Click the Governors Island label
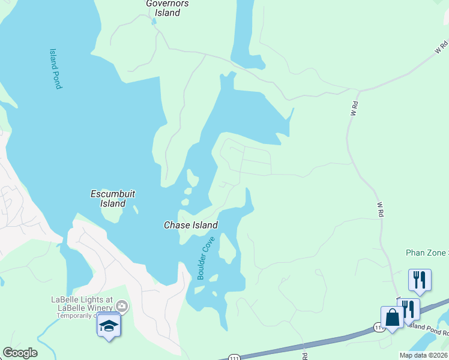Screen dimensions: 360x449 (x=167, y=8)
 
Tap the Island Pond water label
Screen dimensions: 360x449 (x=55, y=69)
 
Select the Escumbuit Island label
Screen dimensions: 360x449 (x=112, y=199)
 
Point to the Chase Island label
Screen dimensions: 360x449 (x=191, y=225)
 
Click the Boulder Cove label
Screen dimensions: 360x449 (x=206, y=259)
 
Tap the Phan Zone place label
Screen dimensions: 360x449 (x=426, y=253)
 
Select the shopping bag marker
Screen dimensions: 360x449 (x=392, y=317)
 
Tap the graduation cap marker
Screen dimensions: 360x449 (x=109, y=325)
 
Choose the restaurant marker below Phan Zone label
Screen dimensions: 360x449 (x=420, y=280)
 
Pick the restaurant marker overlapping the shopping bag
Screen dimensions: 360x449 (x=410, y=308)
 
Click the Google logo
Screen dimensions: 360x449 (x=20, y=353)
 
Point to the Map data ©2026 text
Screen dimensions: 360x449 (x=424, y=355)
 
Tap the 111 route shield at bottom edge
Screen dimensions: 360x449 (x=234, y=356)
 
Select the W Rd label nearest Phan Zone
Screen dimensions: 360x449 (x=380, y=209)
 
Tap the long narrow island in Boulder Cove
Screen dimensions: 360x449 (x=226, y=248)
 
